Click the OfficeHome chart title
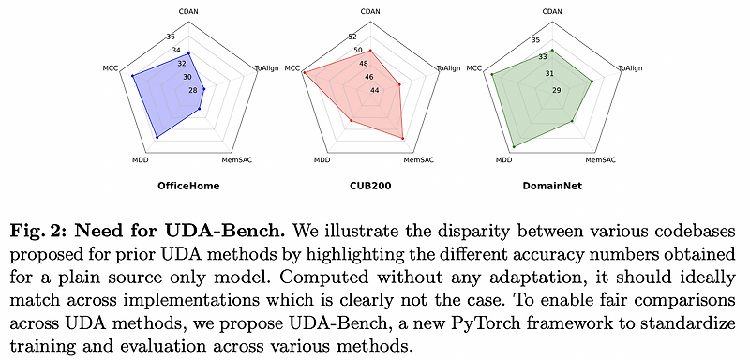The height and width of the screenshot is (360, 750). point(188,186)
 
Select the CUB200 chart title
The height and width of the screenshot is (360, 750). point(371,186)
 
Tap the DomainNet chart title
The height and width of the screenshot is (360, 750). point(552,186)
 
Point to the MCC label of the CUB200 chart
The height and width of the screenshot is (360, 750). point(292,68)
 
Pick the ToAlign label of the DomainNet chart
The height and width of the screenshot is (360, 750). point(631,68)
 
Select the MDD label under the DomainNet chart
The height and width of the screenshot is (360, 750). point(503,160)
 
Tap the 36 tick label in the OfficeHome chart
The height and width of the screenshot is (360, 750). point(171,37)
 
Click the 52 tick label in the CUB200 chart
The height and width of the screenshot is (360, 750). point(352,37)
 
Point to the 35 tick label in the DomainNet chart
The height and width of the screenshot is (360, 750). point(535,39)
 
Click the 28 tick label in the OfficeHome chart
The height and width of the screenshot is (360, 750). point(193,90)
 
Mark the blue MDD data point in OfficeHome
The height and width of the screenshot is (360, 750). point(157,137)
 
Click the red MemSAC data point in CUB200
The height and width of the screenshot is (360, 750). point(402,139)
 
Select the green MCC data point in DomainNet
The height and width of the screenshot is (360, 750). point(491,74)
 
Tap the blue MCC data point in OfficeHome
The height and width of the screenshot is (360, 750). point(133,74)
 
